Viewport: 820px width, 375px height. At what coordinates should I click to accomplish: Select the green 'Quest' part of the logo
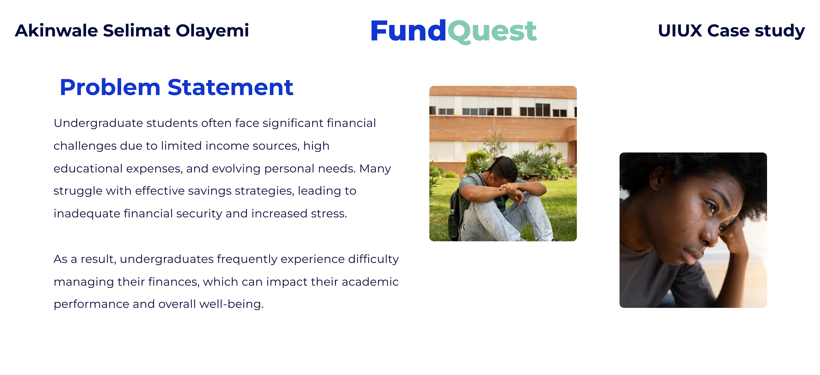(492, 32)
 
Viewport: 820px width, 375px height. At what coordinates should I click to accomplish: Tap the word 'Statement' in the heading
(230, 88)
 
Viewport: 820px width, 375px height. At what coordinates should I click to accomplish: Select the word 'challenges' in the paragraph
(85, 146)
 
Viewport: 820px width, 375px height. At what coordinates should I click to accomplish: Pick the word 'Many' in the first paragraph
(375, 169)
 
